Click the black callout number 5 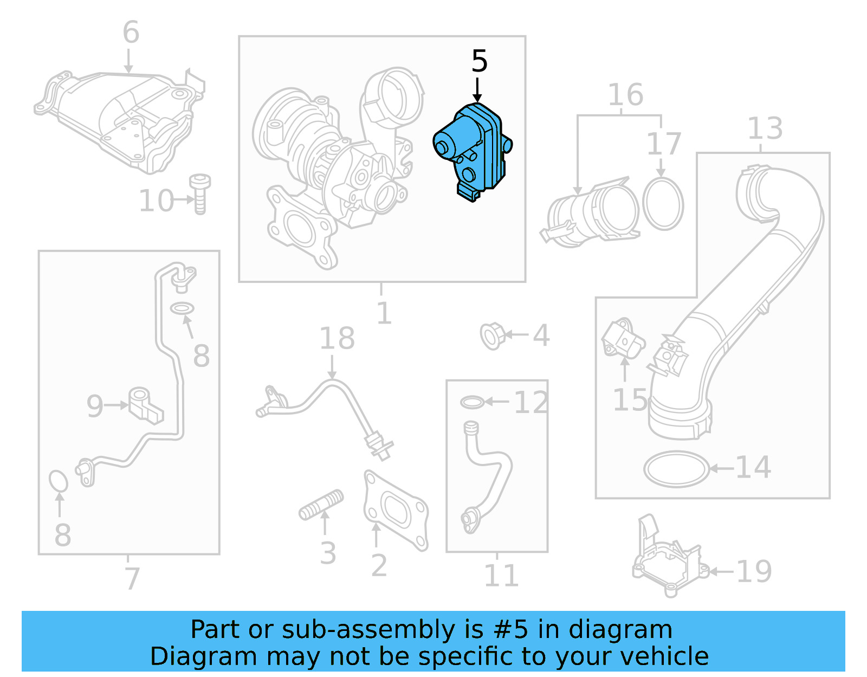coord(479,61)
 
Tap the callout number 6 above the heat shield coord(131,33)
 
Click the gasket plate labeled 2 coord(396,510)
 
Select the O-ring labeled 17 coord(663,204)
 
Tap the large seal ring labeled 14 coord(676,469)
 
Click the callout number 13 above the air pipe coord(765,129)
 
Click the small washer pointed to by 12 coord(471,402)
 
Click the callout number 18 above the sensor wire coord(337,339)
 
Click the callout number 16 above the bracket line coord(625,95)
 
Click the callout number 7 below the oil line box coord(132,578)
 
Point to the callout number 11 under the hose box coord(501,576)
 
